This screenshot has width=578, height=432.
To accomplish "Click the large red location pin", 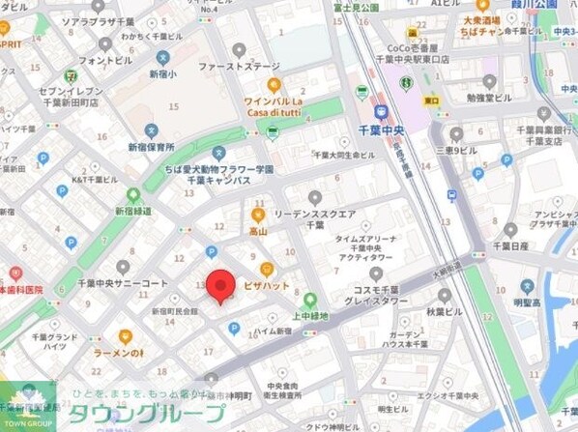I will [222, 285].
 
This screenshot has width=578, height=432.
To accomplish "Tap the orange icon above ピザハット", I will [267, 269].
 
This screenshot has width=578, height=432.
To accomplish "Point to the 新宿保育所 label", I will [151, 147].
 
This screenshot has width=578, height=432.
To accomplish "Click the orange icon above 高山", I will [258, 214].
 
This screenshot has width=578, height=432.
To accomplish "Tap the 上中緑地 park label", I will [311, 315].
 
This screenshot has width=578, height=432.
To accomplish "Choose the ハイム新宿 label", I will [274, 331].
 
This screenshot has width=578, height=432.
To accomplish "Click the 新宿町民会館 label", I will [174, 311].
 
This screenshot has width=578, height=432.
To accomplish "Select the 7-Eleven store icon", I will [70, 75].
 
